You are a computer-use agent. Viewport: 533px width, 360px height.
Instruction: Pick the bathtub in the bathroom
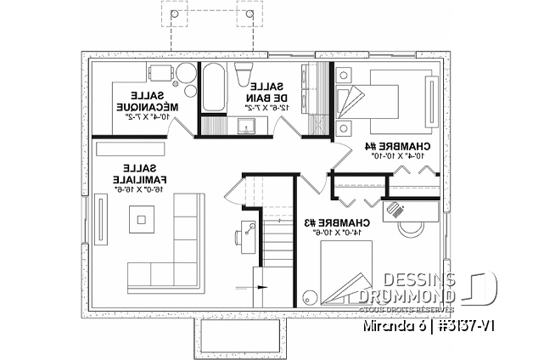coord(213,86)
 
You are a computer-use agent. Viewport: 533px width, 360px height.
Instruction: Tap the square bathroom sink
coord(250,127)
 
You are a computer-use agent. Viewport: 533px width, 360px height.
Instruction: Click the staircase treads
coord(274,250)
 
